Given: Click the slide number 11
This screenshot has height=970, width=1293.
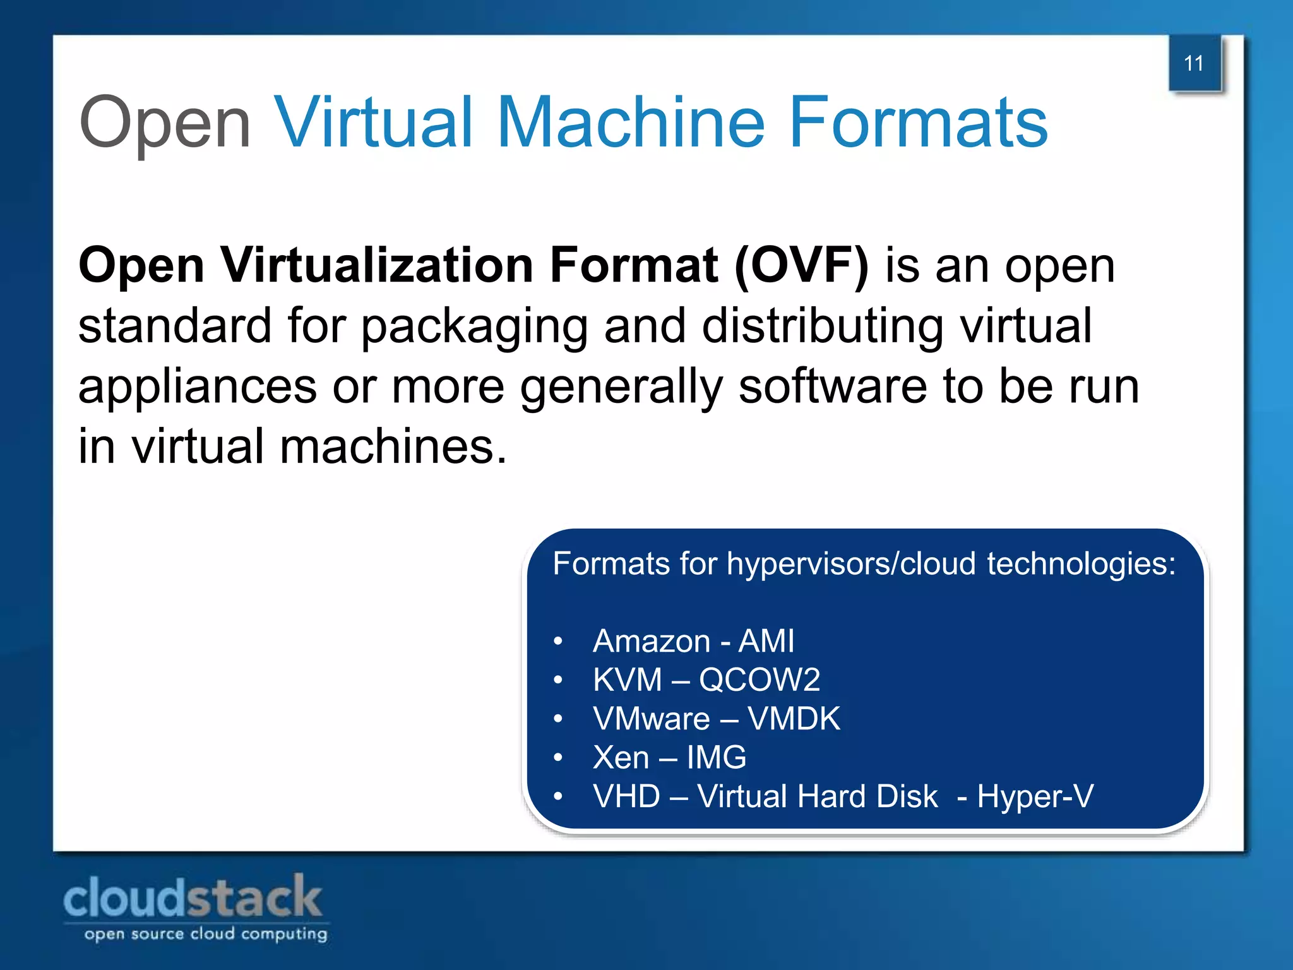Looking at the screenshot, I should [x=1193, y=64].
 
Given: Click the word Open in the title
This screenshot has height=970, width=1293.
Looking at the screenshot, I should [x=165, y=123].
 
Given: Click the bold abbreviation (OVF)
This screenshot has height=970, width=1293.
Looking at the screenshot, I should [x=802, y=266].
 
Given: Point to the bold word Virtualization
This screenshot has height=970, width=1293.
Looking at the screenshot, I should [x=376, y=265].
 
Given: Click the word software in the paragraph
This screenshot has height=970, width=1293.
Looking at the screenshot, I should [x=833, y=386].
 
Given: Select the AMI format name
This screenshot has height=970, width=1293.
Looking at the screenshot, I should [x=766, y=642].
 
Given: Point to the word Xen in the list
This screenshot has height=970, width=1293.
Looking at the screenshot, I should [x=621, y=758].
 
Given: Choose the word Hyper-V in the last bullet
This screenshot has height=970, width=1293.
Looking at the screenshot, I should [x=1035, y=796].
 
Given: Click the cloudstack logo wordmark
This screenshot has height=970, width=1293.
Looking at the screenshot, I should [x=193, y=897].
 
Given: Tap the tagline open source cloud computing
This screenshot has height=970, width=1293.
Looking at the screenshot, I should [x=206, y=934].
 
